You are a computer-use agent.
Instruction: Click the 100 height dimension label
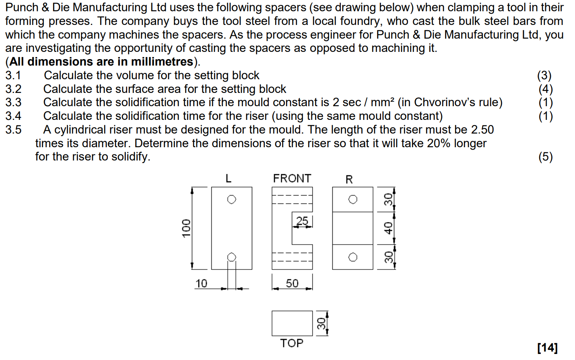click(x=186, y=228)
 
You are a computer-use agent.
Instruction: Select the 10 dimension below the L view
click(x=201, y=284)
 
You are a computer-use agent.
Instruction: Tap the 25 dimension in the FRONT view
click(x=302, y=221)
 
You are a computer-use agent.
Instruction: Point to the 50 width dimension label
click(x=292, y=284)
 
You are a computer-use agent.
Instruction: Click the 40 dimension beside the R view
click(x=388, y=228)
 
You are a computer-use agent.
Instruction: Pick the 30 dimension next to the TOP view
click(x=321, y=323)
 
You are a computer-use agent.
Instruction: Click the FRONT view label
click(x=292, y=179)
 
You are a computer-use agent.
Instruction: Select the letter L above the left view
click(x=229, y=179)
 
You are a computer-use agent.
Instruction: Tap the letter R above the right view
click(x=349, y=179)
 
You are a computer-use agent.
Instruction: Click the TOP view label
click(x=292, y=343)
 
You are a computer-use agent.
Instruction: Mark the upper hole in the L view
click(x=232, y=200)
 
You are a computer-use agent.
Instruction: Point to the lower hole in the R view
click(x=353, y=257)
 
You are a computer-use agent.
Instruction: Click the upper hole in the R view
click(x=353, y=200)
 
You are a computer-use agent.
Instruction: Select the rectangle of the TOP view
click(x=292, y=323)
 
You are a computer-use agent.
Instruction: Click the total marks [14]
click(x=547, y=348)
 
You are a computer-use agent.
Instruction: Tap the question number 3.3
click(x=13, y=103)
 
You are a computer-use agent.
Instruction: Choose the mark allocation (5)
click(x=546, y=157)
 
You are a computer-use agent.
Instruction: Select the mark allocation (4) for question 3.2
click(x=546, y=89)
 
